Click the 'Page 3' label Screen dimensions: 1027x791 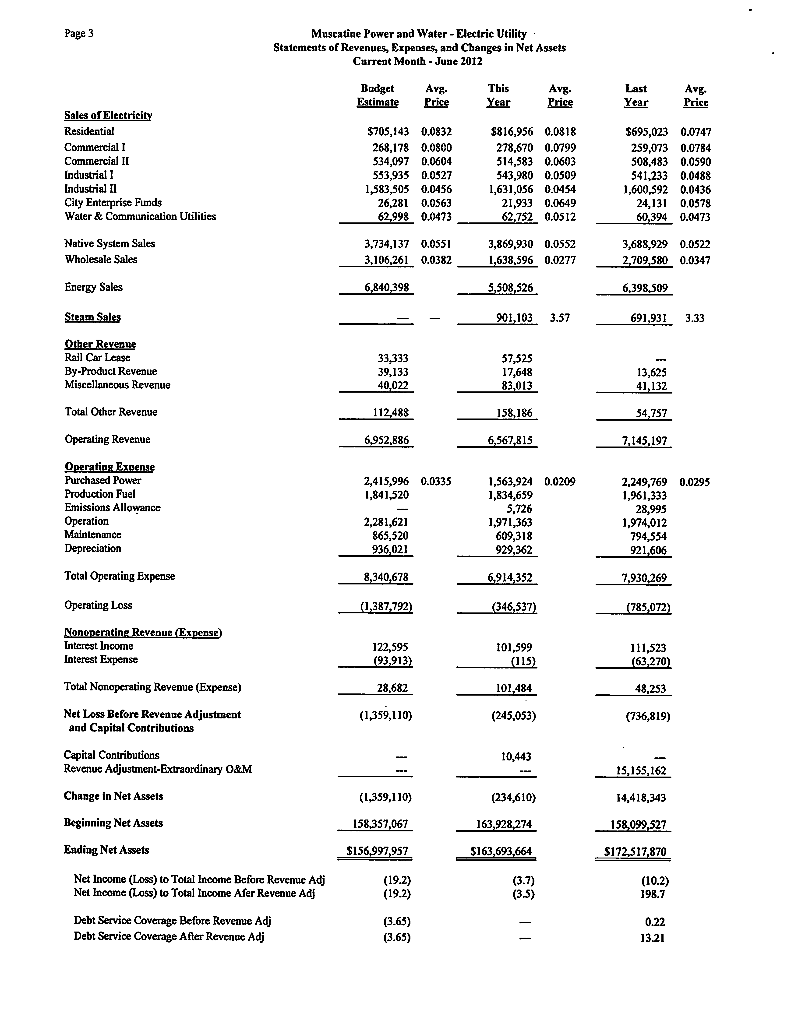point(79,33)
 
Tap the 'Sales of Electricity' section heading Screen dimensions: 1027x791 point(108,116)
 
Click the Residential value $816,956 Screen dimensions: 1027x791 point(512,132)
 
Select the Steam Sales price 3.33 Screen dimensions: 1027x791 point(695,318)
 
